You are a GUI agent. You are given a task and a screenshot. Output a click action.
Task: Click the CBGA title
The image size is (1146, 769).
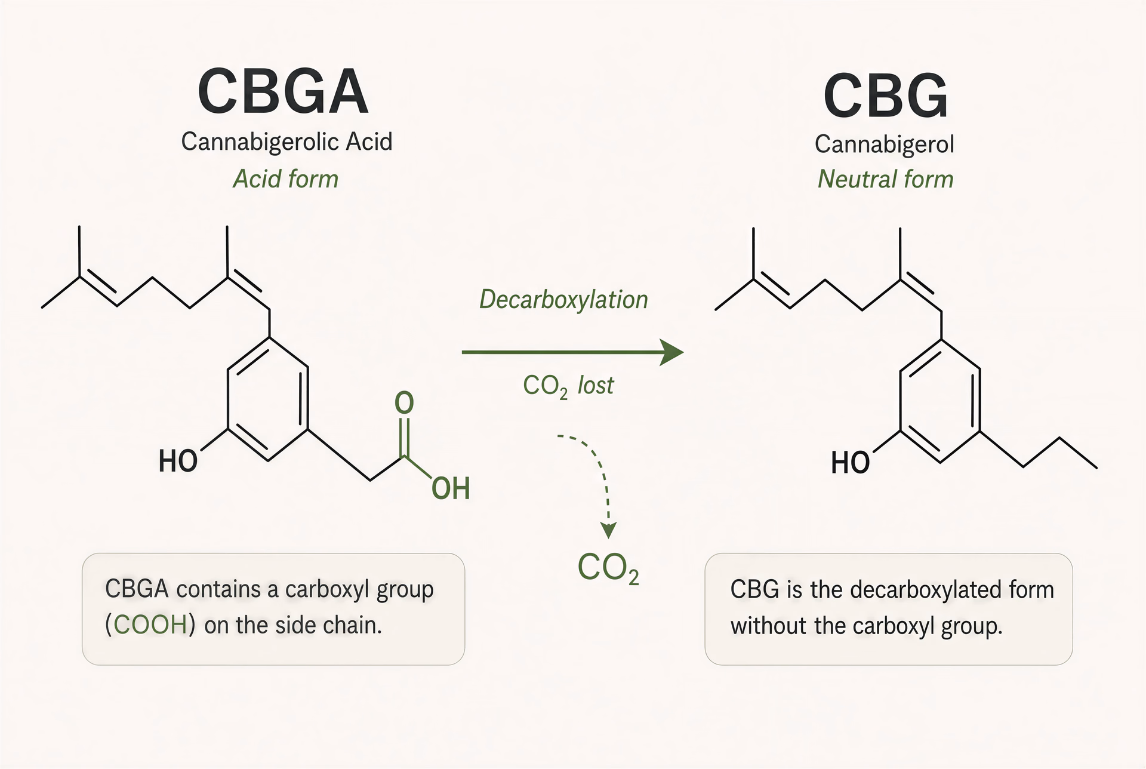[283, 92]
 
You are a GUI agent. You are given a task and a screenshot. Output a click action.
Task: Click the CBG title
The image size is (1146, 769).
[886, 96]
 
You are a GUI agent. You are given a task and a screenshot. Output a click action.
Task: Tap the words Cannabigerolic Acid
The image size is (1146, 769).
[286, 142]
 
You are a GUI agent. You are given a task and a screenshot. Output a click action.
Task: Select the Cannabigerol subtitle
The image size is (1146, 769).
[885, 144]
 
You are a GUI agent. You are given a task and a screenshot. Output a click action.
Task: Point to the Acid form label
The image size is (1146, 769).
[285, 179]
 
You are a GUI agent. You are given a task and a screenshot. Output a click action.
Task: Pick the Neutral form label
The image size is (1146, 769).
[886, 179]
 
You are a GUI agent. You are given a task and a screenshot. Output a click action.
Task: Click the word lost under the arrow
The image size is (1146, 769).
[595, 385]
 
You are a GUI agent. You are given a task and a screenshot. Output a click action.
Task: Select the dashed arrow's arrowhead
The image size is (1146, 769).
[608, 530]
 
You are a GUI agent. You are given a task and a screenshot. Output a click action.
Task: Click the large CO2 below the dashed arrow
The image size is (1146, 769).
[608, 568]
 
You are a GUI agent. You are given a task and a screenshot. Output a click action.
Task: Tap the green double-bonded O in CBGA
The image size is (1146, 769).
[404, 404]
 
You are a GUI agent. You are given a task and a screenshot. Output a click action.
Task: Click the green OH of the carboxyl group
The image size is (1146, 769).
[451, 488]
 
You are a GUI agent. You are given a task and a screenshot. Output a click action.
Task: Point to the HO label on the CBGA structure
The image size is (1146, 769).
[178, 462]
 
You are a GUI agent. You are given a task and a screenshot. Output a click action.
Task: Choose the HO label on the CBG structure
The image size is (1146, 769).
[851, 463]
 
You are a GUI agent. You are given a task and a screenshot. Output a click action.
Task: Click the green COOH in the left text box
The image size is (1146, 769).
[150, 625]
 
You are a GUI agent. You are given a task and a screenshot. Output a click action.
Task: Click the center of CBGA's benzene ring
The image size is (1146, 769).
[268, 399]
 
